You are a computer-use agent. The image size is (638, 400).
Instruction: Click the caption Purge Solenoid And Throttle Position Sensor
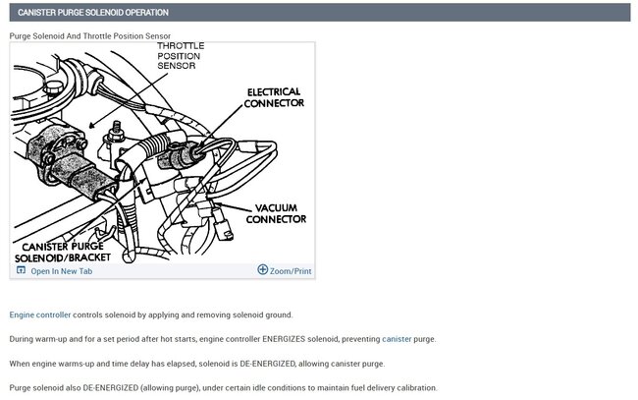90,36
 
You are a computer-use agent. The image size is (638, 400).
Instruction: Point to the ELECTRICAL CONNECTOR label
274,97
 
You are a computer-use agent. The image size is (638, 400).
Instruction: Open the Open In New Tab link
61,271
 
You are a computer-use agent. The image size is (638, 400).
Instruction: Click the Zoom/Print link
291,271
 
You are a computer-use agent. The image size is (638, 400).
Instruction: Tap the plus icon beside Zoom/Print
262,270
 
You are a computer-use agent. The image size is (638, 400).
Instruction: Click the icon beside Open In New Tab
21,270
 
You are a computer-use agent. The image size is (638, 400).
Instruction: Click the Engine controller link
40,315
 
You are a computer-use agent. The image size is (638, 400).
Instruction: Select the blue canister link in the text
397,339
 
